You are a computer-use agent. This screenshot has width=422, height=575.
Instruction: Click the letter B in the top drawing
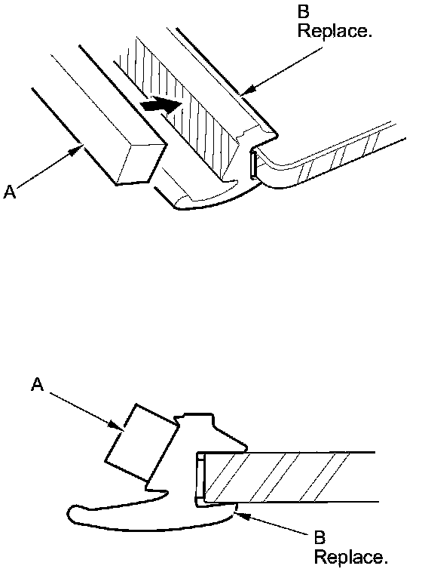(303, 12)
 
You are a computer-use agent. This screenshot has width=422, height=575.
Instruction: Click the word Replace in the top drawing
(335, 31)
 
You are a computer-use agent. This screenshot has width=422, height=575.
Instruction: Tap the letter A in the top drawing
(10, 192)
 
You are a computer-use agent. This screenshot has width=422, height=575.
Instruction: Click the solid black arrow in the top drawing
(161, 104)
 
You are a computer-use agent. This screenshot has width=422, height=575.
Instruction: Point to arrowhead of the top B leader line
(246, 91)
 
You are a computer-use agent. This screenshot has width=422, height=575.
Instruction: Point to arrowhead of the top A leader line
(76, 149)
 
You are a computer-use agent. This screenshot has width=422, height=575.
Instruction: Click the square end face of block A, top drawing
(141, 163)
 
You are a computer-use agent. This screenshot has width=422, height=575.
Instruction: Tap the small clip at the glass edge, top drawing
(253, 165)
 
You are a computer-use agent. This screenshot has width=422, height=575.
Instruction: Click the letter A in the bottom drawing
(38, 385)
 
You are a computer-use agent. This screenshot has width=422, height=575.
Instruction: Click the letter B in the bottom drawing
(320, 537)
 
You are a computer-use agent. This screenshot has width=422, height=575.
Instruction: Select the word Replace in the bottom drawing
(350, 558)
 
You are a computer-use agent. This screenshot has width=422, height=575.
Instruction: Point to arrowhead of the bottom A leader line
(118, 426)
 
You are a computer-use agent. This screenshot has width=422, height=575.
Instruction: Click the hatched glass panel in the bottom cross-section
(289, 477)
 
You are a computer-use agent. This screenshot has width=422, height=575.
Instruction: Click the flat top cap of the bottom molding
(197, 414)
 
